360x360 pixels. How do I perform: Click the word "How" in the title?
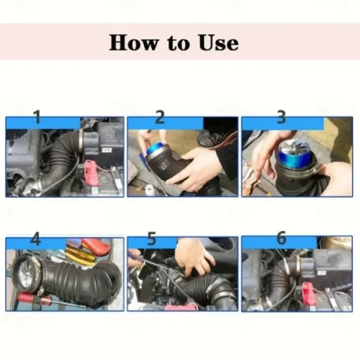tap(133, 42)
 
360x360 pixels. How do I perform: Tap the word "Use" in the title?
tap(219, 42)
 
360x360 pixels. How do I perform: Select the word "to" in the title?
tap(179, 43)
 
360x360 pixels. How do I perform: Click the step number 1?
tap(37, 117)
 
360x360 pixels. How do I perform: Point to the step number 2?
tap(160, 117)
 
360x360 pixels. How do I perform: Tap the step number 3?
tap(282, 117)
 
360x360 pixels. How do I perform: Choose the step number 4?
tap(35, 239)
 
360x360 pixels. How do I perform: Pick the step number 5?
tap(152, 239)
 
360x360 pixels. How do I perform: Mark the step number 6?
tap(282, 238)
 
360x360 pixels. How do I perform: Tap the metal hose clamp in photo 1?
tap(81, 140)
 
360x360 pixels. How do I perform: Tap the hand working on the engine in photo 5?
tap(194, 257)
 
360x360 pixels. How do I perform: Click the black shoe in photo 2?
tap(210, 138)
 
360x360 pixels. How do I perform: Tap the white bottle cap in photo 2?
tap(149, 189)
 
